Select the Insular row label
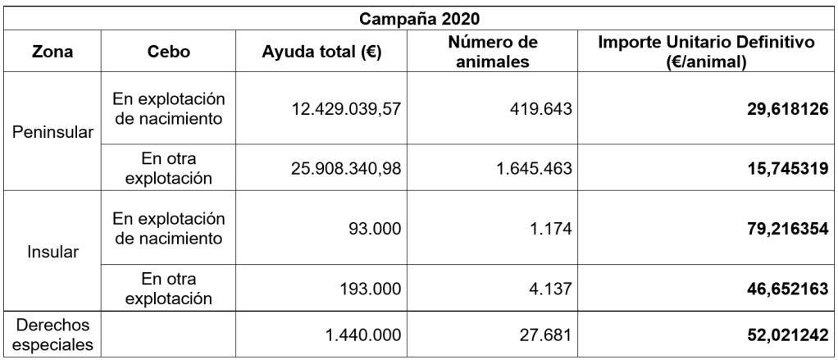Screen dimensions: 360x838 (50, 250)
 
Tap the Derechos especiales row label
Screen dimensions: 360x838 (50, 335)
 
